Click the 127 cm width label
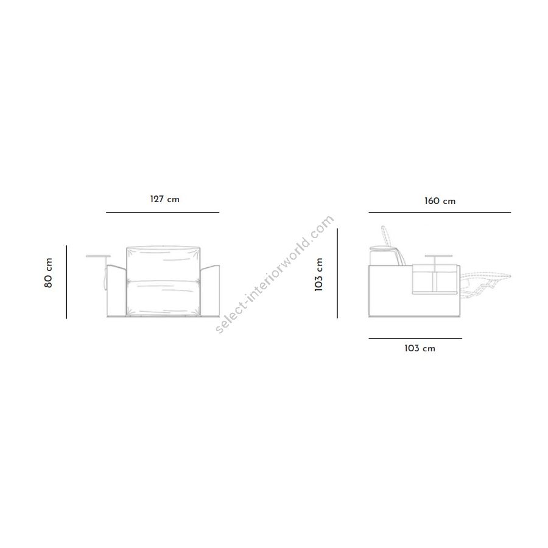(x=164, y=199)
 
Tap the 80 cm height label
(x=48, y=273)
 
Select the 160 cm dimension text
(x=440, y=201)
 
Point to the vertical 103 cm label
(x=318, y=275)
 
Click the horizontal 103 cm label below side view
(x=420, y=348)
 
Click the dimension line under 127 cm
(x=163, y=212)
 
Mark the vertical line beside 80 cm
(x=66, y=282)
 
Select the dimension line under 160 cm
(x=440, y=212)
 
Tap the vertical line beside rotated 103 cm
(x=337, y=273)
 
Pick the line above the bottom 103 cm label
(x=415, y=339)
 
